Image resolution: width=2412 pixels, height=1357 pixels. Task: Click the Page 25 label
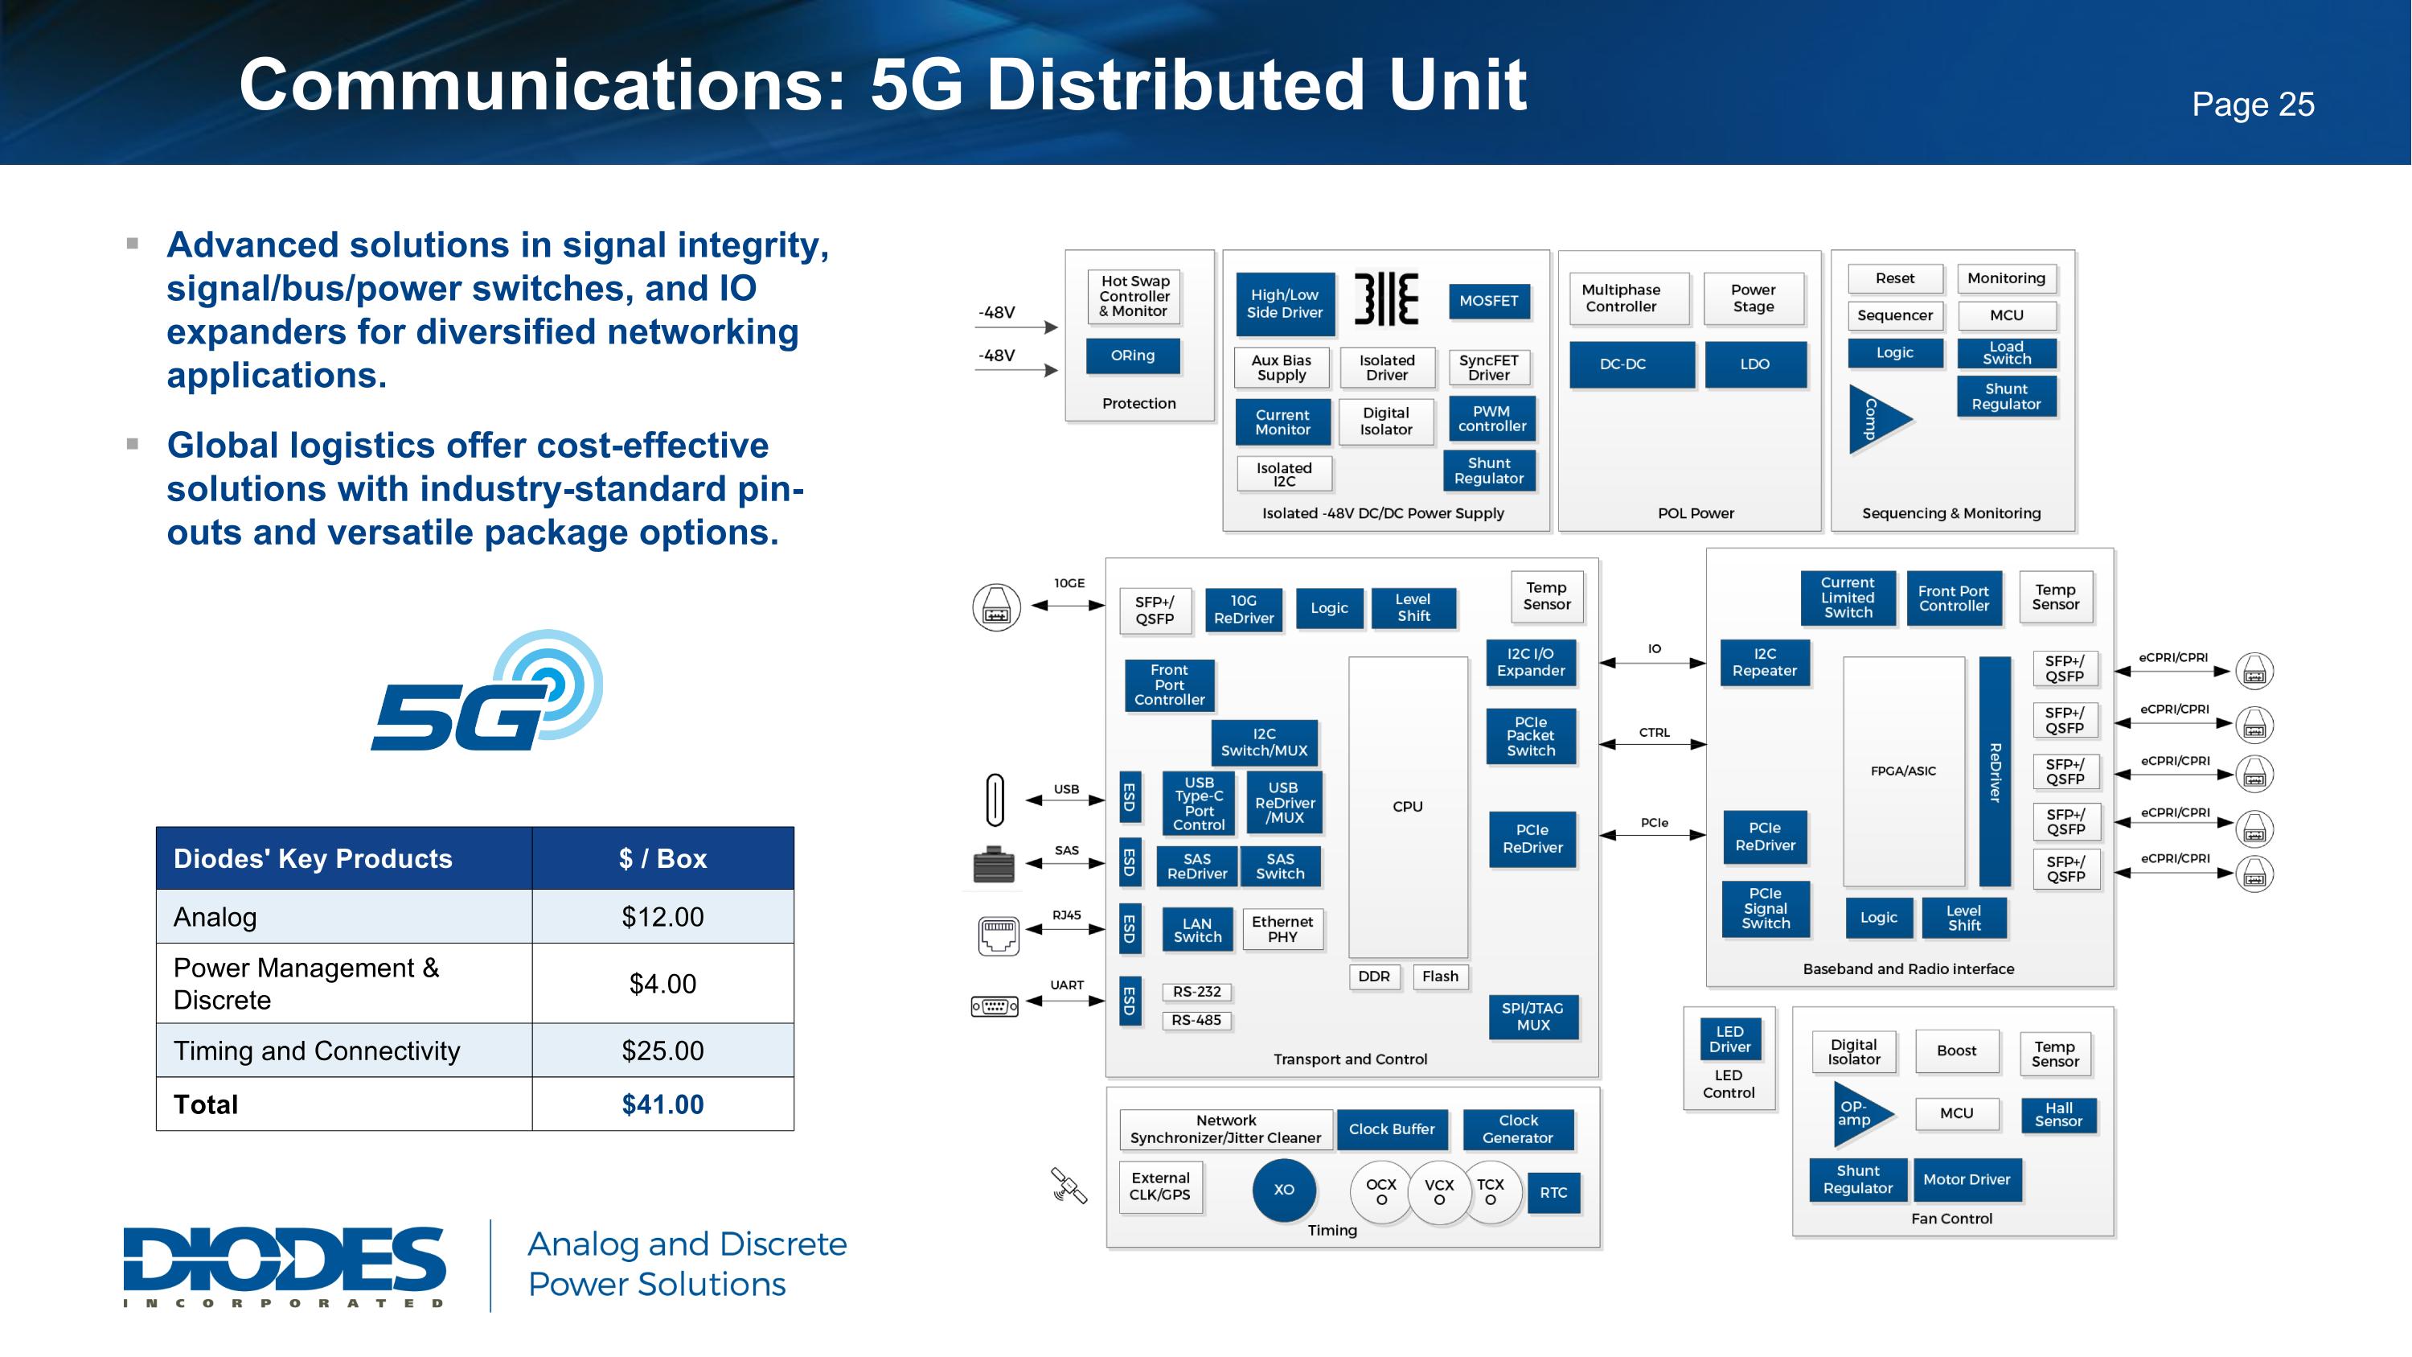pyautogui.click(x=2252, y=104)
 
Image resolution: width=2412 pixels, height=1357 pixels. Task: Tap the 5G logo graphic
pyautogui.click(x=487, y=693)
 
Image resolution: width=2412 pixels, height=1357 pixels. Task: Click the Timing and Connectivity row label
pyautogui.click(x=317, y=1051)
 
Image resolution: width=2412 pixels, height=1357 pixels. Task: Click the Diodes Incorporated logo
pyautogui.click(x=285, y=1265)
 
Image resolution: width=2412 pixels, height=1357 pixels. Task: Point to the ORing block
pyautogui.click(x=1132, y=356)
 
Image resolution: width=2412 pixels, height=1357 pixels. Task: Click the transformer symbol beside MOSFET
pyautogui.click(x=1386, y=300)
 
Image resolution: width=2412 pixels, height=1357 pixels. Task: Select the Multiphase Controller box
pyautogui.click(x=1622, y=298)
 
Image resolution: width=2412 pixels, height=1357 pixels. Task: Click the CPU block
pyautogui.click(x=1407, y=806)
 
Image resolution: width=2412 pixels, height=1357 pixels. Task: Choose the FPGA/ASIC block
pyautogui.click(x=1902, y=771)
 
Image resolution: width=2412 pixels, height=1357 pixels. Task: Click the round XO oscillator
pyautogui.click(x=1284, y=1190)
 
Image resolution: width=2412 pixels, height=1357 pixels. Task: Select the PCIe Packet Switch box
pyautogui.click(x=1531, y=736)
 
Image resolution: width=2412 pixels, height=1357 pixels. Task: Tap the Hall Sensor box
pyautogui.click(x=2058, y=1114)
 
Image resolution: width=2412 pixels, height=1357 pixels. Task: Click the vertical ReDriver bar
pyautogui.click(x=1995, y=771)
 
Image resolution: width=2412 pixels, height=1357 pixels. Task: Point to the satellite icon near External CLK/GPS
pyautogui.click(x=1069, y=1186)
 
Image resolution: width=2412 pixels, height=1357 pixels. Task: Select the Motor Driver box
pyautogui.click(x=1967, y=1180)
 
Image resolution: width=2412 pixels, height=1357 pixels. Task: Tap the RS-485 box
pyautogui.click(x=1196, y=1020)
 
